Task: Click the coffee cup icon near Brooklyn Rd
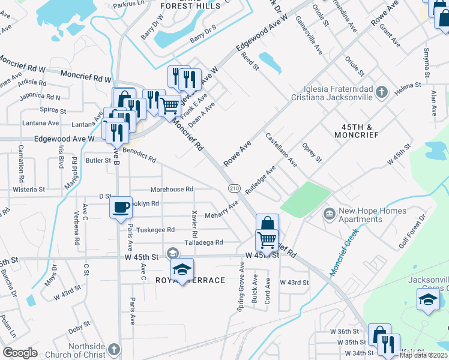click(121, 206)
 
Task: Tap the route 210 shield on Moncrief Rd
click(234, 188)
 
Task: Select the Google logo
click(20, 353)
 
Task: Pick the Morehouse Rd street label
click(172, 189)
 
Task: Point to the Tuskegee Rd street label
click(155, 230)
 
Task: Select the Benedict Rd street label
click(139, 155)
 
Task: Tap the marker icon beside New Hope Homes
click(330, 214)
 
